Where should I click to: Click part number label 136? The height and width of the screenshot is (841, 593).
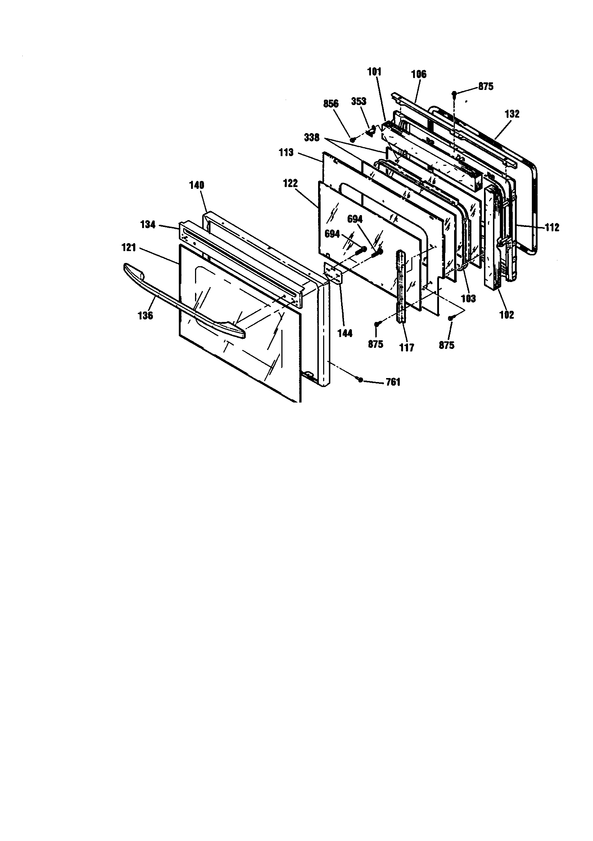pos(145,315)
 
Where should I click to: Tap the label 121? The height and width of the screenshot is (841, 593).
pos(129,248)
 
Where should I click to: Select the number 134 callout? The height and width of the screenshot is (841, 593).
pos(148,224)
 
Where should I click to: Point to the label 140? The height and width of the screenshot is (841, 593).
pos(196,186)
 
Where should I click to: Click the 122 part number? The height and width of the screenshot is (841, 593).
pos(290,183)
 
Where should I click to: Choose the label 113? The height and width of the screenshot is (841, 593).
pos(286,153)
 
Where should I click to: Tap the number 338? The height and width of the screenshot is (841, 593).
pos(312,138)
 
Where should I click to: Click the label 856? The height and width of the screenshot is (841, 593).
pos(331,104)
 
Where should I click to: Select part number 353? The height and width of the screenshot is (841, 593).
pos(359,101)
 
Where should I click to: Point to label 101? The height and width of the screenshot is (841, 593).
pos(375,72)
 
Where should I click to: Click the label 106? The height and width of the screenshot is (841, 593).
pos(418,74)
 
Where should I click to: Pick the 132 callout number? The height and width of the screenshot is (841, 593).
pos(512,114)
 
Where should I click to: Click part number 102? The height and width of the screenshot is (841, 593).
pos(507,315)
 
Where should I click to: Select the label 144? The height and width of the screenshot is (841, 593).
pos(345,333)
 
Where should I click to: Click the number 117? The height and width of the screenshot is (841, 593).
pos(407,347)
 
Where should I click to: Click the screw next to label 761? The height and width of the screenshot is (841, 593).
pos(360,380)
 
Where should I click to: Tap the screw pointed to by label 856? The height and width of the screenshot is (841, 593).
pos(353,140)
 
